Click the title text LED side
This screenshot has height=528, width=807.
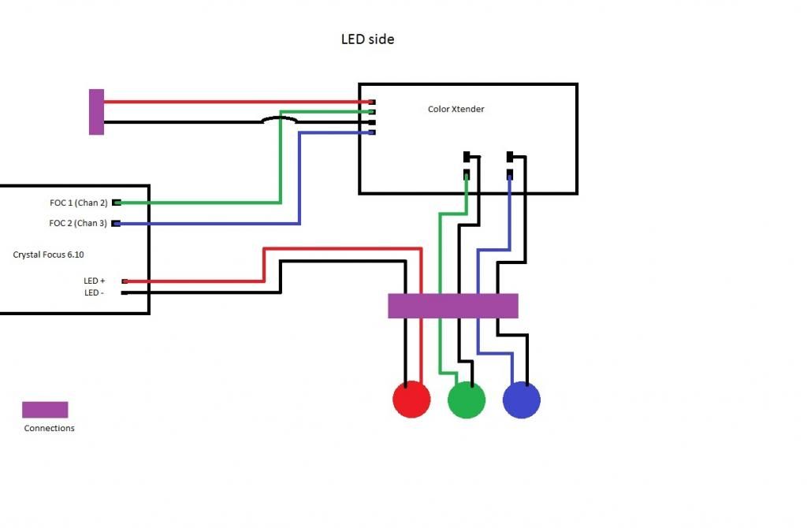click(367, 39)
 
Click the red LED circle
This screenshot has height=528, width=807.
click(411, 400)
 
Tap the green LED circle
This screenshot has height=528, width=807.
click(467, 400)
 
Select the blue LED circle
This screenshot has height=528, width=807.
click(522, 400)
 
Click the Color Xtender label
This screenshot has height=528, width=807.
click(456, 109)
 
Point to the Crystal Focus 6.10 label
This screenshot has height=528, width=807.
click(49, 255)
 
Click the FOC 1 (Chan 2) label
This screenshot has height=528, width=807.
click(78, 203)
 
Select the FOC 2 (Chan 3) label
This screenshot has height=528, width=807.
click(78, 223)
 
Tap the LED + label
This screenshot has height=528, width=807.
click(95, 281)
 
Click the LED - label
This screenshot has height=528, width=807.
click(95, 292)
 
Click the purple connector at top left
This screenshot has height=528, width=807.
click(96, 112)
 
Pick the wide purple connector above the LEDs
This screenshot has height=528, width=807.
click(453, 306)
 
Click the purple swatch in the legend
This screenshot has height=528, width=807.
click(45, 410)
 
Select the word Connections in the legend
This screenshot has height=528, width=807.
click(50, 428)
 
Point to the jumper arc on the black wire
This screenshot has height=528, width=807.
click(280, 119)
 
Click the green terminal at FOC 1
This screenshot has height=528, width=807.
click(117, 203)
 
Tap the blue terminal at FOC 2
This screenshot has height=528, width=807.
click(117, 224)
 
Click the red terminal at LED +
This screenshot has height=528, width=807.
click(125, 281)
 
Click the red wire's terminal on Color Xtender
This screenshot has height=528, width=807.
click(371, 102)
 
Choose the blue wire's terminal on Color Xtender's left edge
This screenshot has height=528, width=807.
click(371, 132)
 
